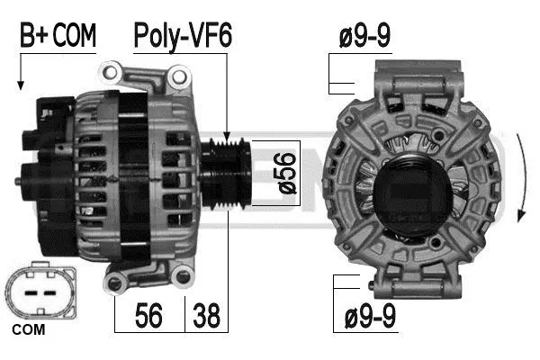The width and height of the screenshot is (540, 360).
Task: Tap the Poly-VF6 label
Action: [183, 36]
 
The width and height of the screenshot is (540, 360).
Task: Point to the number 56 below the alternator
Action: [148, 316]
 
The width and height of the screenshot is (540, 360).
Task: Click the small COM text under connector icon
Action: [29, 331]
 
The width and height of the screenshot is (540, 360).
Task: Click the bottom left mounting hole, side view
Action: [114, 285]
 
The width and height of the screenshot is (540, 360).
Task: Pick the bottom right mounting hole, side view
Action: [184, 278]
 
